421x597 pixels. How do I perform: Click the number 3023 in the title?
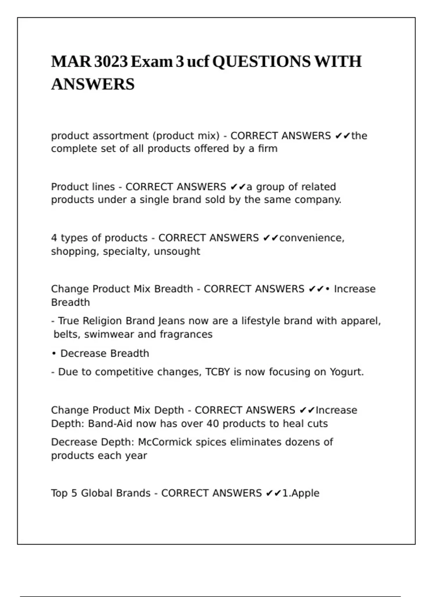click(111, 62)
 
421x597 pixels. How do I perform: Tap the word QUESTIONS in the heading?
click(261, 62)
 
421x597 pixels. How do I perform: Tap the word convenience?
click(312, 238)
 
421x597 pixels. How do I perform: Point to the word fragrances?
click(186, 334)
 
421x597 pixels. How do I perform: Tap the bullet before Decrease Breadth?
click(54, 353)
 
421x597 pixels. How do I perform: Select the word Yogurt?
click(346, 372)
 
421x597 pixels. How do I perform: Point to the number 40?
click(213, 424)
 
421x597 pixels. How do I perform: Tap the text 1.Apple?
click(301, 493)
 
